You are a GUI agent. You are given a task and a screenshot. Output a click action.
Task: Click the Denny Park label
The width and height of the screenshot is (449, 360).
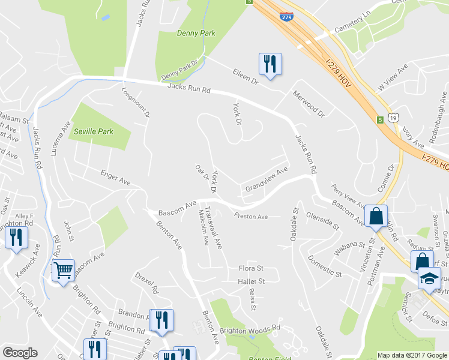tap(196, 33)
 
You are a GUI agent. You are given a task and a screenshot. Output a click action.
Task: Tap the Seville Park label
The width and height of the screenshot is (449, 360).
tap(93, 131)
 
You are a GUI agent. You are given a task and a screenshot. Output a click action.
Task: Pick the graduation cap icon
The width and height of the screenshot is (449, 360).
tap(429, 279)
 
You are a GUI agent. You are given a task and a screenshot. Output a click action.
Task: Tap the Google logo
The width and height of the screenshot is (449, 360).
tap(20, 353)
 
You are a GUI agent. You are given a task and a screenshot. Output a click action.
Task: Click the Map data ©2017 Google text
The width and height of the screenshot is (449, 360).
tap(411, 355)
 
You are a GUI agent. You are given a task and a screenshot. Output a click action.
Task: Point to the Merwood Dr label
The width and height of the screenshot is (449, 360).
tap(308, 103)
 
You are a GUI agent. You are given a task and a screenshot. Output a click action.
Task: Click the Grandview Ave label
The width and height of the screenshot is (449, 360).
tap(267, 179)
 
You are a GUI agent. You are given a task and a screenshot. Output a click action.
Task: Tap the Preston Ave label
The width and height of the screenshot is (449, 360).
tap(251, 217)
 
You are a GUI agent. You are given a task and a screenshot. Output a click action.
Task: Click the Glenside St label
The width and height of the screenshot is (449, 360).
tap(322, 220)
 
